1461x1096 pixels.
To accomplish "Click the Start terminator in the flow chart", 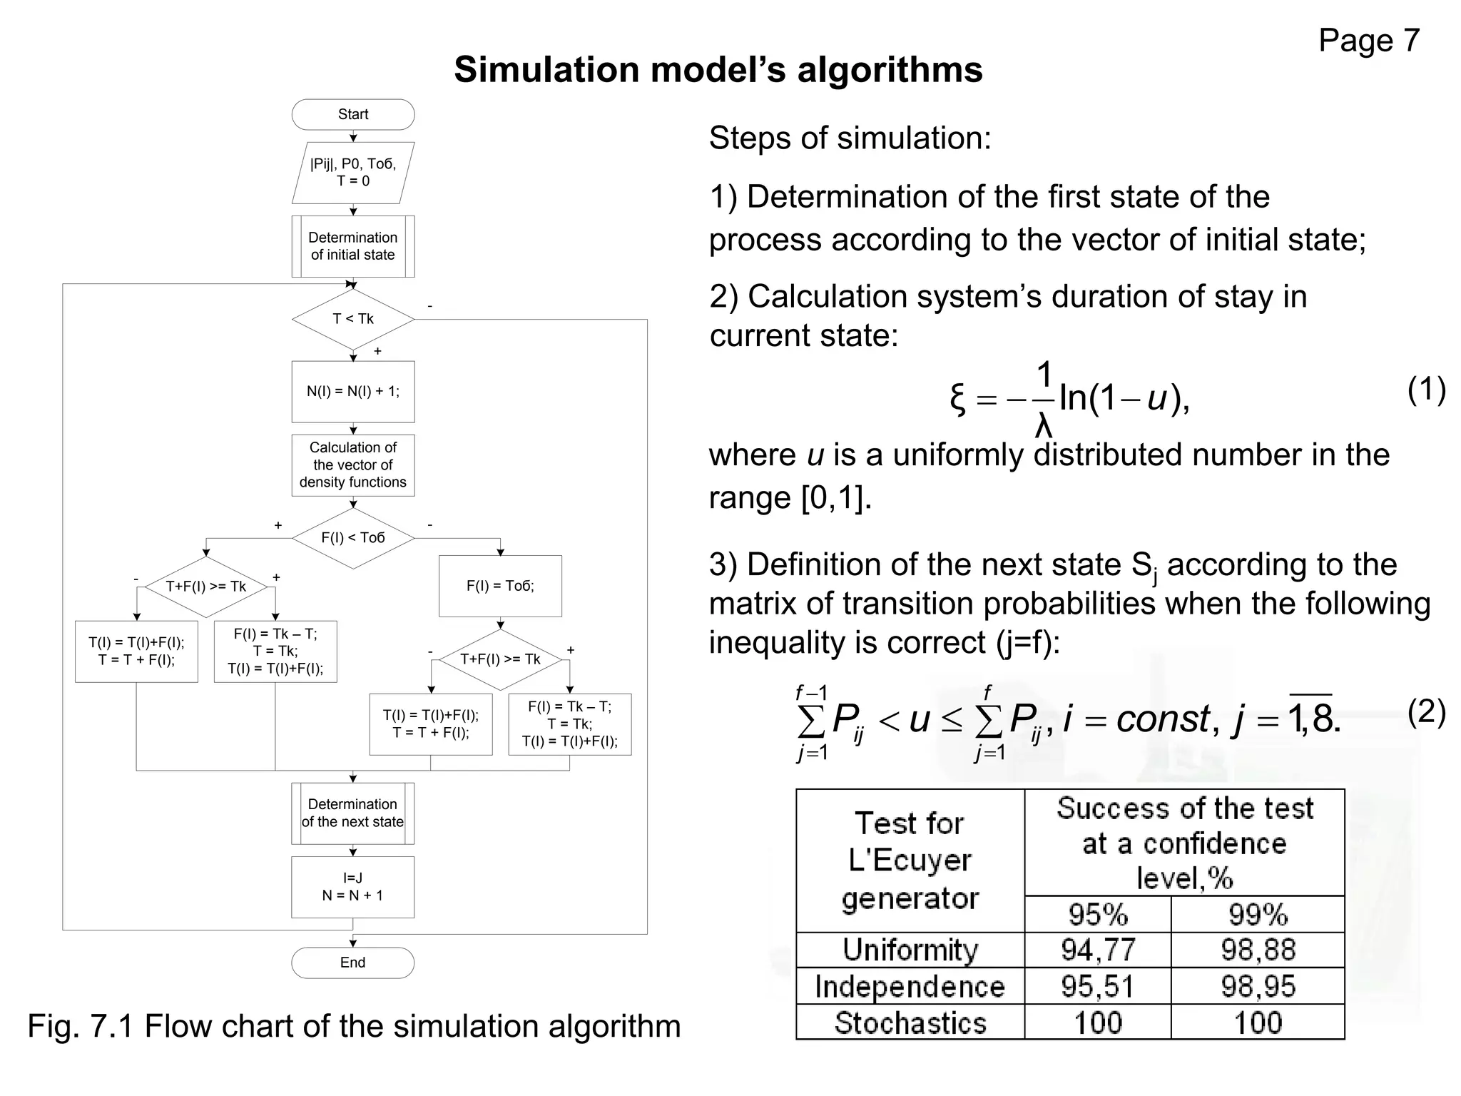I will coord(352,114).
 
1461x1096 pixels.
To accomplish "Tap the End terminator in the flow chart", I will coord(352,963).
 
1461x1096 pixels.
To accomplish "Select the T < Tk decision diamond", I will coord(352,319).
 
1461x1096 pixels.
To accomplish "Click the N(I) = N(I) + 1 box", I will coord(352,391).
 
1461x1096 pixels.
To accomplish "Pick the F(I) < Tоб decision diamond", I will coord(352,538).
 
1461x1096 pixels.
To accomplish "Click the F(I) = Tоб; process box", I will coord(499,586).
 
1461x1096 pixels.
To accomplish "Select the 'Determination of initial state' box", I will coord(352,246).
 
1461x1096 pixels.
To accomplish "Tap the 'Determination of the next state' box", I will coord(352,813).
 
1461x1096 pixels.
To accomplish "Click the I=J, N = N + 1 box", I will coord(352,887).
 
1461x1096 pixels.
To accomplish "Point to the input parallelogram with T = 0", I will coord(352,173).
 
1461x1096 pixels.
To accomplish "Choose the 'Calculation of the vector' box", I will coord(352,465).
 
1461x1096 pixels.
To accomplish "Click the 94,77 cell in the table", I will coord(1097,950).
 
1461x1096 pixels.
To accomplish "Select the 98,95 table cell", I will coord(1257,986).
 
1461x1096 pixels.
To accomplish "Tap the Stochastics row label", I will coord(910,1023).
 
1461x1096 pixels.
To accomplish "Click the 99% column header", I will coord(1257,914).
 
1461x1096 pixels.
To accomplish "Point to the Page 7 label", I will coord(1368,41).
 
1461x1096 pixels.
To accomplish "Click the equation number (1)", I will coord(1426,390).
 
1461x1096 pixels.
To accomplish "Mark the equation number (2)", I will coord(1426,712).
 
